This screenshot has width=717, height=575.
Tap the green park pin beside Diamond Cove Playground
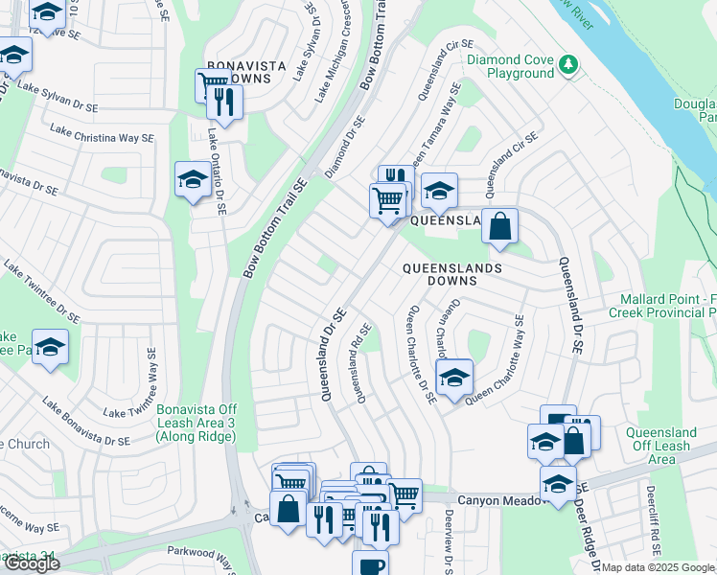tap(569, 64)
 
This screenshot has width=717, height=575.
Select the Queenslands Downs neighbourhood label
tap(451, 274)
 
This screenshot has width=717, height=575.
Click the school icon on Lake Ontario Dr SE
tap(193, 179)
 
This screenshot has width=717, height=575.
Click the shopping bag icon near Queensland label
tap(499, 226)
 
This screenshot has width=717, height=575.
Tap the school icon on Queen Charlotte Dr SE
tap(453, 376)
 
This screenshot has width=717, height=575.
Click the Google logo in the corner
tap(31, 563)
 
